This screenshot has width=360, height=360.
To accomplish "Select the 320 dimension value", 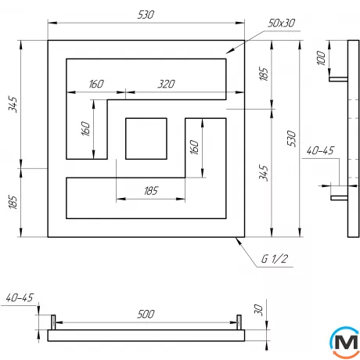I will pos(165,84).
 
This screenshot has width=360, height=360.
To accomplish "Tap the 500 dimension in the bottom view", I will pos(145,314).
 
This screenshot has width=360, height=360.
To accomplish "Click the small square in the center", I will pos(146,138).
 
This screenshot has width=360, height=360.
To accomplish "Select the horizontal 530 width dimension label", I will pos(145,15).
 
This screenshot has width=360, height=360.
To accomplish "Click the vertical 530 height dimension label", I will pos(293,138).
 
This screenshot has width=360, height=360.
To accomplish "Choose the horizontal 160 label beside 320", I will pos(97,84).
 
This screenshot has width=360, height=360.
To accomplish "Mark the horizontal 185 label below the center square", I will pos(150,190).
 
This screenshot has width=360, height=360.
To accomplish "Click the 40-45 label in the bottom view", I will pos(18,298).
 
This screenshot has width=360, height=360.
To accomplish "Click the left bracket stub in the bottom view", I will pos(54,321).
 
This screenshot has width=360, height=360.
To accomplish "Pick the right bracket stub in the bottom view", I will pos(238,321).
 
